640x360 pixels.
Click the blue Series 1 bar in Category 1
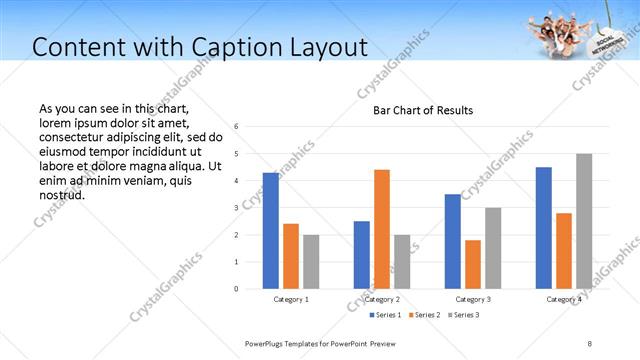[271, 231]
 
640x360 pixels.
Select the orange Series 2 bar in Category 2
[382, 229]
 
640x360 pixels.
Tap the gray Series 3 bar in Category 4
[584, 221]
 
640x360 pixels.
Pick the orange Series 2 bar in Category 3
[473, 264]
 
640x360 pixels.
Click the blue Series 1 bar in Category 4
[544, 228]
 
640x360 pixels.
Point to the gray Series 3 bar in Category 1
[311, 262]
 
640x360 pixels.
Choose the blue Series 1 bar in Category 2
[362, 255]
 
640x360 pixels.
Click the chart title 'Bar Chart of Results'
[423, 110]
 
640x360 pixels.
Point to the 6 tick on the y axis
[235, 127]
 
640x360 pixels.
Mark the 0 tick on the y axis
[235, 289]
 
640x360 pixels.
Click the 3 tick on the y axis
[235, 208]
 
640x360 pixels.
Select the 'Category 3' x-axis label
[473, 299]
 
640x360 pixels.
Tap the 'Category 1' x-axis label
[291, 299]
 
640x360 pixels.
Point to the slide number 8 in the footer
[589, 343]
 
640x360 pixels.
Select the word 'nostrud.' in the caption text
[62, 194]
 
